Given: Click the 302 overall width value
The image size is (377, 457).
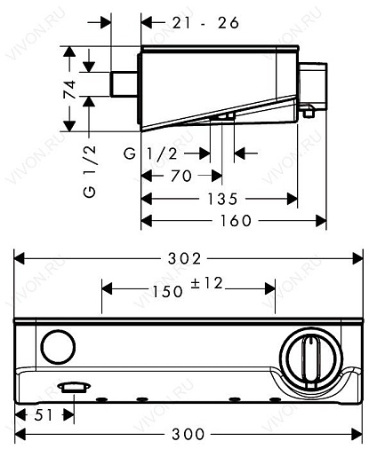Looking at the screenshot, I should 190,258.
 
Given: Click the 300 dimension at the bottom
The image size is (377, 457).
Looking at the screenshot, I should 189,435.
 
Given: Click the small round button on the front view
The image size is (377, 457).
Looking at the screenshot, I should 59,345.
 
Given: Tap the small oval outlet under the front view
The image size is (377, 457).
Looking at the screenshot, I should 70,387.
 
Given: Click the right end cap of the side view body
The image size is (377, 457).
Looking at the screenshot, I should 315,86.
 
